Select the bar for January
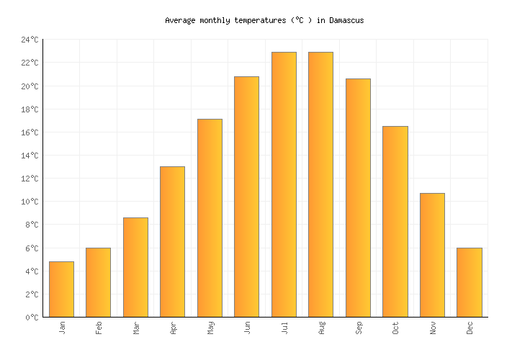61,289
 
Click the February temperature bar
98,282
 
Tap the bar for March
135,267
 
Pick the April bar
172,242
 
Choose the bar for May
210,218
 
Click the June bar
246,197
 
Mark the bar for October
395,222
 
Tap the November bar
432,255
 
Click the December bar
469,282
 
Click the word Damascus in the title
346,20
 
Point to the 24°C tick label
30,40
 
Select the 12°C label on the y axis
30,179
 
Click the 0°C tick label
32,318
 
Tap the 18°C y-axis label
30,109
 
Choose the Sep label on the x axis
358,328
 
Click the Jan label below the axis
62,328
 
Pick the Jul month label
284,328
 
